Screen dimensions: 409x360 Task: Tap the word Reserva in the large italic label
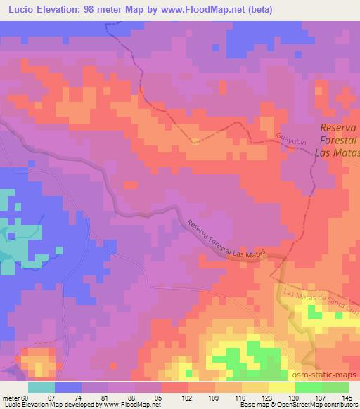tap(340, 128)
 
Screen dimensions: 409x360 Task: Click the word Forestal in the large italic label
tap(340, 141)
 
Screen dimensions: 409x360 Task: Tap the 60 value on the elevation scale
tap(25, 398)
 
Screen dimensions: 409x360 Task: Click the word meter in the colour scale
tap(10, 398)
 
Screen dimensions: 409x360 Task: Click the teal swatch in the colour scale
tap(41, 387)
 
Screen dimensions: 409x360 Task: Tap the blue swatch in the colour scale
tap(68, 387)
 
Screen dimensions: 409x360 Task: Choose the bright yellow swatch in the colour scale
tap(282, 387)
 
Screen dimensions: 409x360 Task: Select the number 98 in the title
tap(92, 10)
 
